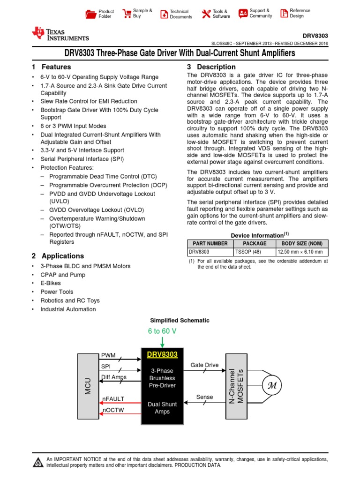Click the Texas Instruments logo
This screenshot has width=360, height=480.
(60, 34)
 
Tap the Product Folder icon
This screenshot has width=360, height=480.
(90, 14)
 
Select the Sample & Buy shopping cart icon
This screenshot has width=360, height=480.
(126, 13)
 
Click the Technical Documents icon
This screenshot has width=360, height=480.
(164, 14)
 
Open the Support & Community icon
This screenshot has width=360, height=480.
(243, 13)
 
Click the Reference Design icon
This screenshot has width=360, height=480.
(284, 13)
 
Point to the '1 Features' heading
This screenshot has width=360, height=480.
(52, 67)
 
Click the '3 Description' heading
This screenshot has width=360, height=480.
(211, 67)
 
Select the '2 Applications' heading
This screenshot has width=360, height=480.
(58, 256)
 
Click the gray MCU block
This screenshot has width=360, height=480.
(88, 386)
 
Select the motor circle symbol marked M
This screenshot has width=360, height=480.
(271, 385)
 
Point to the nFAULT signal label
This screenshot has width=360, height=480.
(113, 399)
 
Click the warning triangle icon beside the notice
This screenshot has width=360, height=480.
(38, 462)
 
